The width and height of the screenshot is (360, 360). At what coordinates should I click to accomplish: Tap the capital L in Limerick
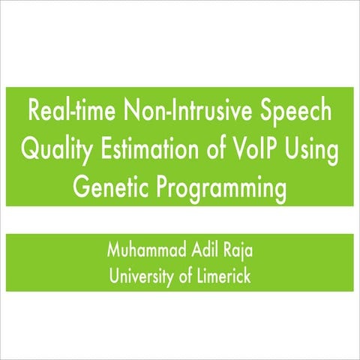pyautogui.click(x=199, y=274)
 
